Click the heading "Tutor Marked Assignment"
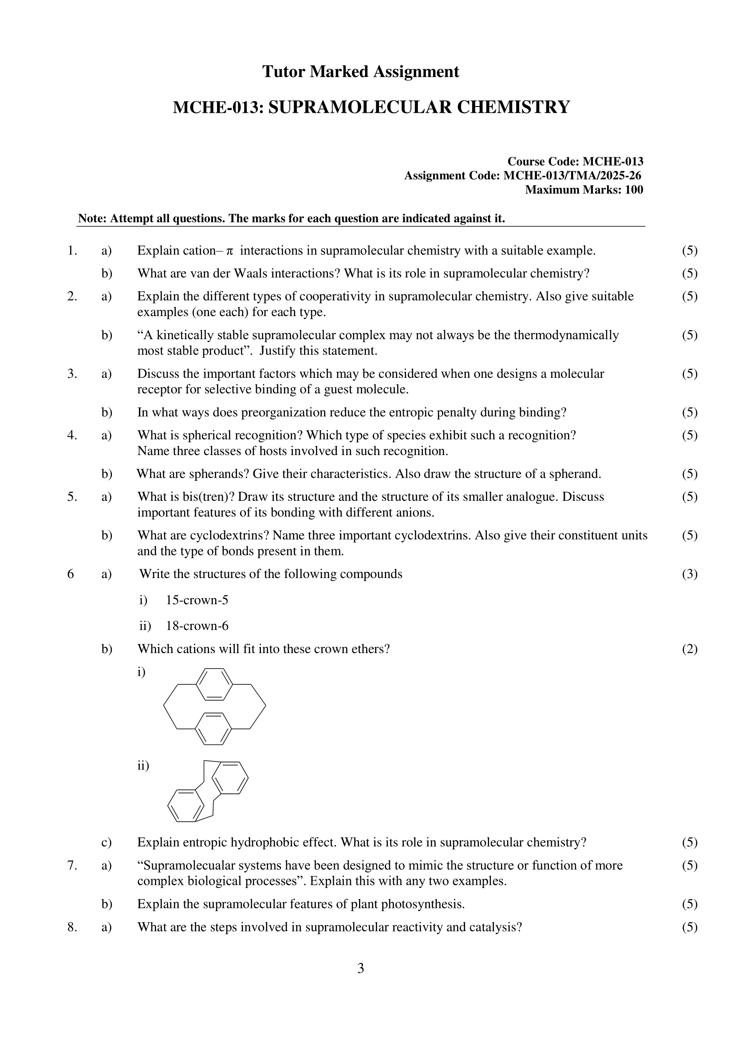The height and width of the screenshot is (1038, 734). point(361,72)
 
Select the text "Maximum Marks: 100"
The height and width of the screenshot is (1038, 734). point(584,190)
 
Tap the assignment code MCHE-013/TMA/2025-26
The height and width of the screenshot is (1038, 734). point(572,175)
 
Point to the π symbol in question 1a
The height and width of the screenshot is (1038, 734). point(229,251)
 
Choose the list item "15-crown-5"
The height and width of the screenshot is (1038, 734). point(197,600)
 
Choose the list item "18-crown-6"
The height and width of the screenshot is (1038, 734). point(197,626)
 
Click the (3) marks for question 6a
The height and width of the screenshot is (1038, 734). point(690,574)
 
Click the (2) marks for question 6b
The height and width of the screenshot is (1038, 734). point(690,649)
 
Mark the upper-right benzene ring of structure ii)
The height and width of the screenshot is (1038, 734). point(229,778)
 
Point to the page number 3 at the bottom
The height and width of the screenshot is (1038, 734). point(361,968)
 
